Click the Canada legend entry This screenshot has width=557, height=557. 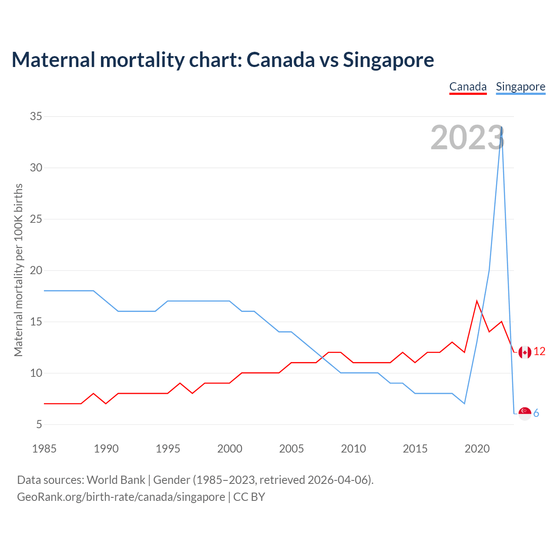468,87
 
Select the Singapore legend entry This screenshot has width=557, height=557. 520,87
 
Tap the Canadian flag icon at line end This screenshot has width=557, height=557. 525,352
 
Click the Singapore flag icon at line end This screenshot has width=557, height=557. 525,413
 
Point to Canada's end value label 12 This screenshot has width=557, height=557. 540,352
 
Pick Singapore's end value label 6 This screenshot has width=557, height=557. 536,413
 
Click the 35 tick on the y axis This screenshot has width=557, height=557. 36,116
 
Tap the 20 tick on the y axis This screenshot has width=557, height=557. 36,270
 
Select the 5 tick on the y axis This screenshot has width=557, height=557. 39,424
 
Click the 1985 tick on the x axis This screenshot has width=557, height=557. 44,449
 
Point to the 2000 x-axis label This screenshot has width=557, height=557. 230,449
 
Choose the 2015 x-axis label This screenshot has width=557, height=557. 415,449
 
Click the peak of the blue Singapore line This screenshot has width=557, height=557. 502,127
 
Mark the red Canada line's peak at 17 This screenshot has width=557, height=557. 477,301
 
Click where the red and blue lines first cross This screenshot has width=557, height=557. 322,358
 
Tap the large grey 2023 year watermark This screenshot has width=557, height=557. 467,138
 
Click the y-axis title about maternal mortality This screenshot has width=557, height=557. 18,270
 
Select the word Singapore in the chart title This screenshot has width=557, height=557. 388,60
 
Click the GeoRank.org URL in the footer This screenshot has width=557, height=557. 121,497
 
